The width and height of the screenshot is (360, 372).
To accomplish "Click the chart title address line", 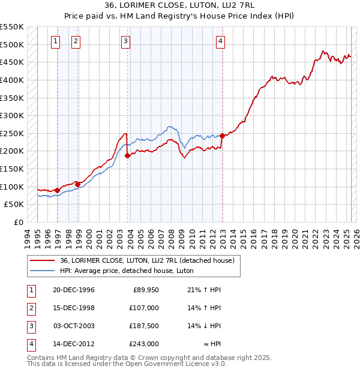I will (179, 6).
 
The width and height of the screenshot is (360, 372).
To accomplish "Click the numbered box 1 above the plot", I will (55, 41).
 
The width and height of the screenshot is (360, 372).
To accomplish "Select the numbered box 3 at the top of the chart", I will (125, 41).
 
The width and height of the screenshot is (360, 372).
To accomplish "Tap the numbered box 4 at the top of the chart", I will (221, 41).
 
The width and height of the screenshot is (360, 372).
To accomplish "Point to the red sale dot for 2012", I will (222, 136).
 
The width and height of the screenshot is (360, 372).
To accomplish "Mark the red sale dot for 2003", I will (127, 155).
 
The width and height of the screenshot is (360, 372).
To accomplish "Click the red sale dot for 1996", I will (58, 190).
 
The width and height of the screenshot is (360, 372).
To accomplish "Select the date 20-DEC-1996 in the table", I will (74, 290).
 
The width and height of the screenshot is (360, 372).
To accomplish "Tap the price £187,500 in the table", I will (145, 326).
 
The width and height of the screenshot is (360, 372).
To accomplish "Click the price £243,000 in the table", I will (145, 344).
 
